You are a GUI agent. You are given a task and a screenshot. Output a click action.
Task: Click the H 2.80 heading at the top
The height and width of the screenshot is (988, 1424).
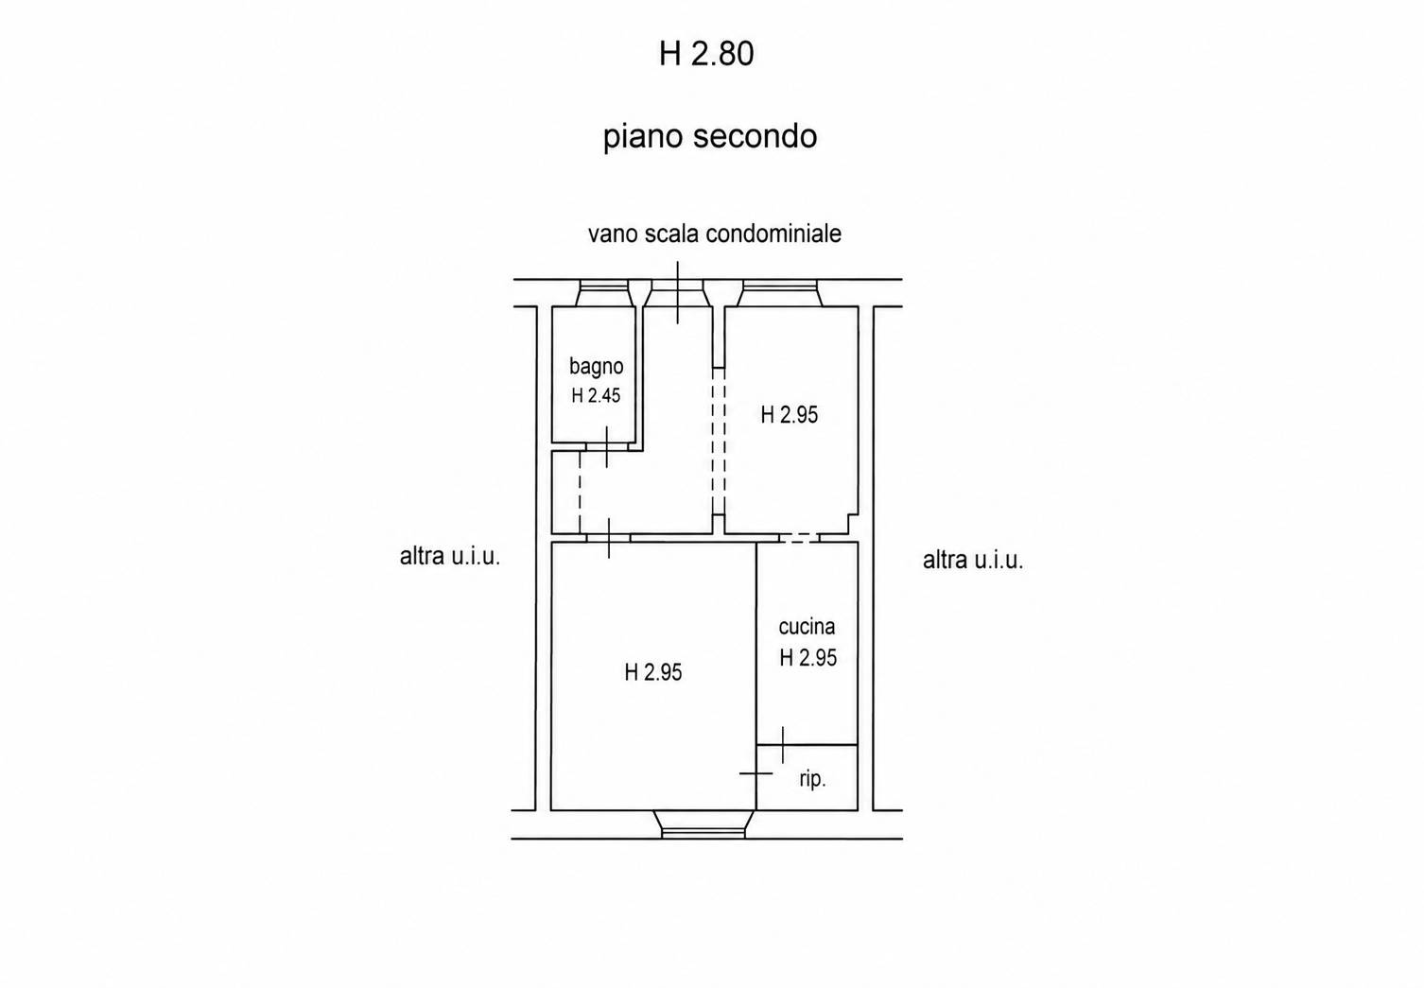(x=706, y=53)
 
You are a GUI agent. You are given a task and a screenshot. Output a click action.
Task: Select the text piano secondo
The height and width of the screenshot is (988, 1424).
(x=709, y=137)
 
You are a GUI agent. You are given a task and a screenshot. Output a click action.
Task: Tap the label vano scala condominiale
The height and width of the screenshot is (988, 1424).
(x=715, y=234)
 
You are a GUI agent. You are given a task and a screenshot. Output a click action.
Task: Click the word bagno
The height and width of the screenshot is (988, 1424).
(x=597, y=368)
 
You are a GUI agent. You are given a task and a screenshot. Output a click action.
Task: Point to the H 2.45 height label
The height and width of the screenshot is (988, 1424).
(x=596, y=396)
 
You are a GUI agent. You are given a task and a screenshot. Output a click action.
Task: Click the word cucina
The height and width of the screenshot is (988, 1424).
(x=807, y=627)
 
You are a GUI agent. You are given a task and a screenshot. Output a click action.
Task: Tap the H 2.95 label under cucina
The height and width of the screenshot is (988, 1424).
(x=808, y=657)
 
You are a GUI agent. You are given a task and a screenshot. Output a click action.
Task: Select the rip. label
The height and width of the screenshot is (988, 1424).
(x=812, y=779)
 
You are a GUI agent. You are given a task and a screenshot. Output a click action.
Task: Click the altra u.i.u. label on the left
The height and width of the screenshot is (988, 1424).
(x=450, y=556)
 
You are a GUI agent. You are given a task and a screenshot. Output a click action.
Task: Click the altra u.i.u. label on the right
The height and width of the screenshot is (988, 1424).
(x=973, y=560)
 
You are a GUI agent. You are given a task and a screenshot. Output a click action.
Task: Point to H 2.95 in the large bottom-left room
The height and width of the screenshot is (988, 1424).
(x=652, y=672)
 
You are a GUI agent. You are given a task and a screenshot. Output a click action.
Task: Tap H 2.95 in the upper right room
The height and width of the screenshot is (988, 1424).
(x=789, y=415)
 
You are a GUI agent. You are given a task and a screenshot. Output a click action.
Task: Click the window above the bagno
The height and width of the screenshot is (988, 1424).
(x=602, y=293)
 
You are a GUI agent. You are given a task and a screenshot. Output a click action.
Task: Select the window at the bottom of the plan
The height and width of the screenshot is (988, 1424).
(x=703, y=824)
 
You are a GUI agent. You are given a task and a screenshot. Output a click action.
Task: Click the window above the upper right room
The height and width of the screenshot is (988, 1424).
(x=779, y=293)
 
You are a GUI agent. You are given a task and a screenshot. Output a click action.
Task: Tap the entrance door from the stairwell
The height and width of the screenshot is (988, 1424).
(x=678, y=293)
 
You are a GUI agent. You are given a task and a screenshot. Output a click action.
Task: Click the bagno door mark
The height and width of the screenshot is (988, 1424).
(x=606, y=447)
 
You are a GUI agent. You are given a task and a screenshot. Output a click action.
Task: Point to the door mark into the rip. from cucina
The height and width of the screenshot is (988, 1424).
(x=783, y=744)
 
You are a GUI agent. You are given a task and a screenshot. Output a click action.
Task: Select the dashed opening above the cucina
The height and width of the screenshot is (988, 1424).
(x=799, y=538)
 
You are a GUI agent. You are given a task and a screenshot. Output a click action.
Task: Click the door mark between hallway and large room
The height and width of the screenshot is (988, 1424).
(x=608, y=538)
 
